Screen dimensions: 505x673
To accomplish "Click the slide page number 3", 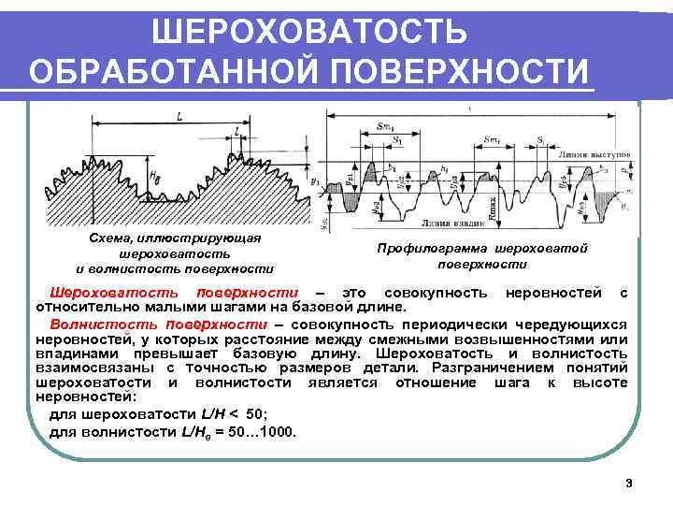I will [x=629, y=483].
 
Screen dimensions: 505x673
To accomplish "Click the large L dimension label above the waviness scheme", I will [x=178, y=116].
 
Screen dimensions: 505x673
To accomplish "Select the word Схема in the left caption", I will [x=106, y=239].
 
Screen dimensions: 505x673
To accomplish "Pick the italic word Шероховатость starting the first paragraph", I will [x=102, y=293].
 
